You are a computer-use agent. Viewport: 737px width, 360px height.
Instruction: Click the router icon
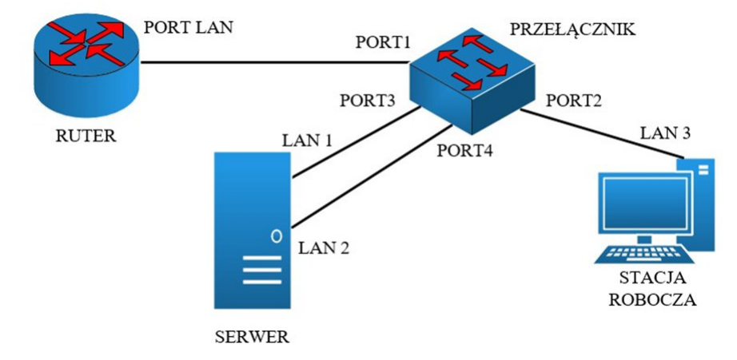[86, 65]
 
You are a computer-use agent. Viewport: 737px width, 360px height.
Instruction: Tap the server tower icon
[252, 230]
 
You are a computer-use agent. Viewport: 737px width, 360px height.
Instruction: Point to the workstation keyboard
[643, 255]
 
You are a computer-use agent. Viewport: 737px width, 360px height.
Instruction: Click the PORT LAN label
[188, 27]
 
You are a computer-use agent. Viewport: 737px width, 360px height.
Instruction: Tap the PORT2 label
[573, 101]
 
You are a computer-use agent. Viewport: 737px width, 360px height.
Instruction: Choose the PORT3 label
[368, 101]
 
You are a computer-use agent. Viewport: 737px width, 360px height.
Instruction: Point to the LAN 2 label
[324, 247]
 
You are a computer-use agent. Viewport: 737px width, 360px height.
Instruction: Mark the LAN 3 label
[666, 134]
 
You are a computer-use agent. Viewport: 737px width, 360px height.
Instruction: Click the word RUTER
[86, 136]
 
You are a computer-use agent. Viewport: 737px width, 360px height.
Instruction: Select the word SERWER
[252, 337]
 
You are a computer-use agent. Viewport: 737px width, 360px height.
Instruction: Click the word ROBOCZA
[652, 300]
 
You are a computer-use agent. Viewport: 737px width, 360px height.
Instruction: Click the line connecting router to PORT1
[274, 62]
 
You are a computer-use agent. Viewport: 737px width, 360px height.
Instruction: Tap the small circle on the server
[277, 234]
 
